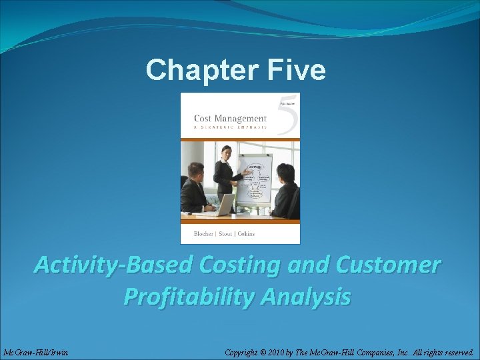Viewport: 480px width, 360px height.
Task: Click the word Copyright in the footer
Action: [245, 351]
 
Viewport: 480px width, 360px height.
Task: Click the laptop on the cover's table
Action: [224, 203]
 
